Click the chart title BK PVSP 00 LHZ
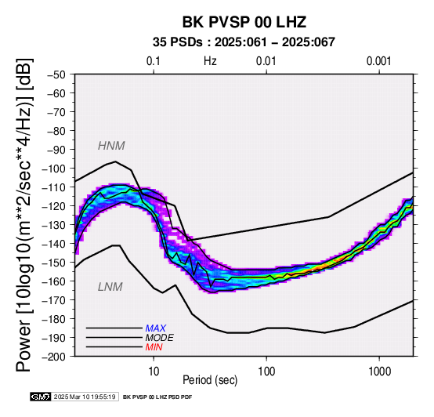[244, 22]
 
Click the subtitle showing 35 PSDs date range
[244, 42]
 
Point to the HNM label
[111, 146]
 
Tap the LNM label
[110, 287]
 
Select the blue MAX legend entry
[156, 328]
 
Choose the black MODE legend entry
[160, 338]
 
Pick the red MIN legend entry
[154, 347]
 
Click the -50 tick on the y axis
[56, 74]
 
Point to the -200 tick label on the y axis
[54, 357]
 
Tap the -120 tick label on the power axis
[54, 206]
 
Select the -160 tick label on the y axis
[54, 281]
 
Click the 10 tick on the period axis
[154, 372]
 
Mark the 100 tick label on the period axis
[266, 372]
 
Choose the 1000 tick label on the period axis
[379, 372]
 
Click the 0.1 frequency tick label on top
[154, 61]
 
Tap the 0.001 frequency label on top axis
[379, 61]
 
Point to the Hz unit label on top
[210, 61]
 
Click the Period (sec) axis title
[210, 380]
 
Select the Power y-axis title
[24, 215]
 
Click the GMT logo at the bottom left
[41, 397]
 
